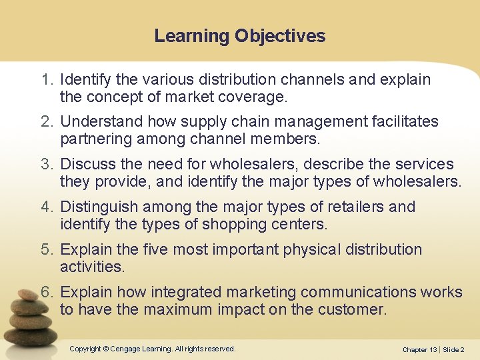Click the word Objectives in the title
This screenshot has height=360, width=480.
tap(280, 36)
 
